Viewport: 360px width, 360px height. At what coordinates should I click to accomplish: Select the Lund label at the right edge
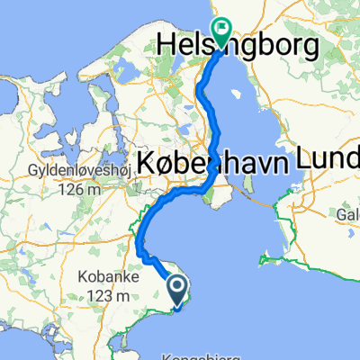[335, 160]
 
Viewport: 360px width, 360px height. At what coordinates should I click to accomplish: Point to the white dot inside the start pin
[178, 286]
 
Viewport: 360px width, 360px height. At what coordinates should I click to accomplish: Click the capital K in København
[147, 163]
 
